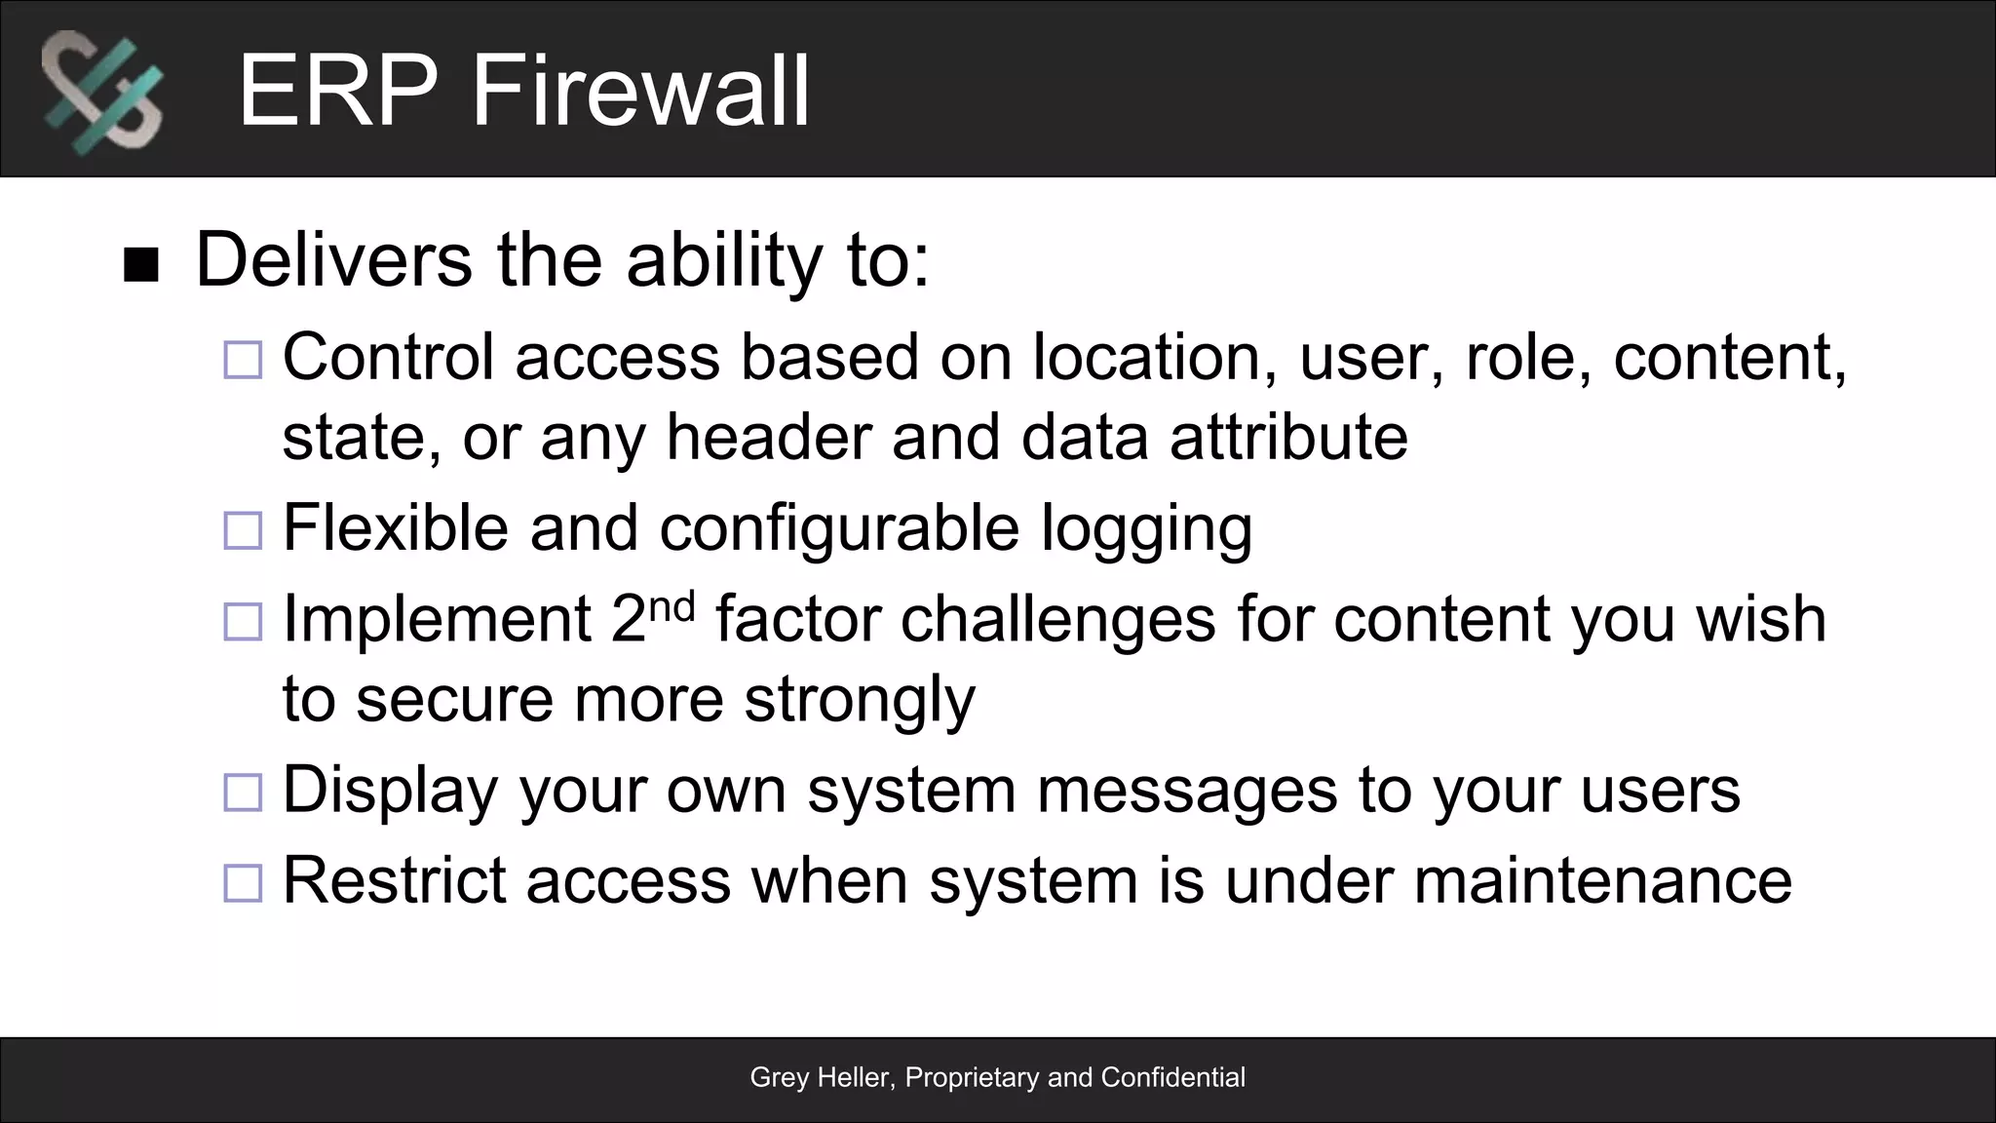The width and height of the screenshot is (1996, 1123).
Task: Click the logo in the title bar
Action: tap(102, 92)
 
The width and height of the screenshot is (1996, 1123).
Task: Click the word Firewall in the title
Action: tap(640, 92)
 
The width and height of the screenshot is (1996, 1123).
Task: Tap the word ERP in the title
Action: tap(337, 92)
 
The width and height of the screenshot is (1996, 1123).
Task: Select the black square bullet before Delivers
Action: tap(141, 265)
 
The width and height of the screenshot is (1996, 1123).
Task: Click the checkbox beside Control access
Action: tap(243, 360)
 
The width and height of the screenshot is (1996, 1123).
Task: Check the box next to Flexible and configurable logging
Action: tap(243, 531)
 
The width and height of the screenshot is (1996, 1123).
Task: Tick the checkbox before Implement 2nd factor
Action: tap(243, 622)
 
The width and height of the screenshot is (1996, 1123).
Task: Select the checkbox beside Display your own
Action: tap(243, 793)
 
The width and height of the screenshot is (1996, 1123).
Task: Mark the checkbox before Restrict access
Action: tap(243, 883)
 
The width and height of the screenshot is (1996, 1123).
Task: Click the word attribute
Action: tap(1288, 437)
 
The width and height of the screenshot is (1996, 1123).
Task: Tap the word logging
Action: tap(1146, 529)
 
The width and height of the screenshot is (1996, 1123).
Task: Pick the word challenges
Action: tap(1057, 619)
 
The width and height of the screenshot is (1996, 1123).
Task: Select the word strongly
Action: tap(859, 700)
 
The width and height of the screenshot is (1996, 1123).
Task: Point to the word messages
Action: tap(1187, 790)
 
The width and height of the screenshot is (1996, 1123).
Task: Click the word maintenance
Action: tap(1602, 880)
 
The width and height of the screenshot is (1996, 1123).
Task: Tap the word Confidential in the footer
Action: tap(1172, 1077)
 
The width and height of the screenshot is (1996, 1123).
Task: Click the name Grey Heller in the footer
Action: tap(821, 1077)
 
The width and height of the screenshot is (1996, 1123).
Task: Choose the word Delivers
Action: tap(334, 260)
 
